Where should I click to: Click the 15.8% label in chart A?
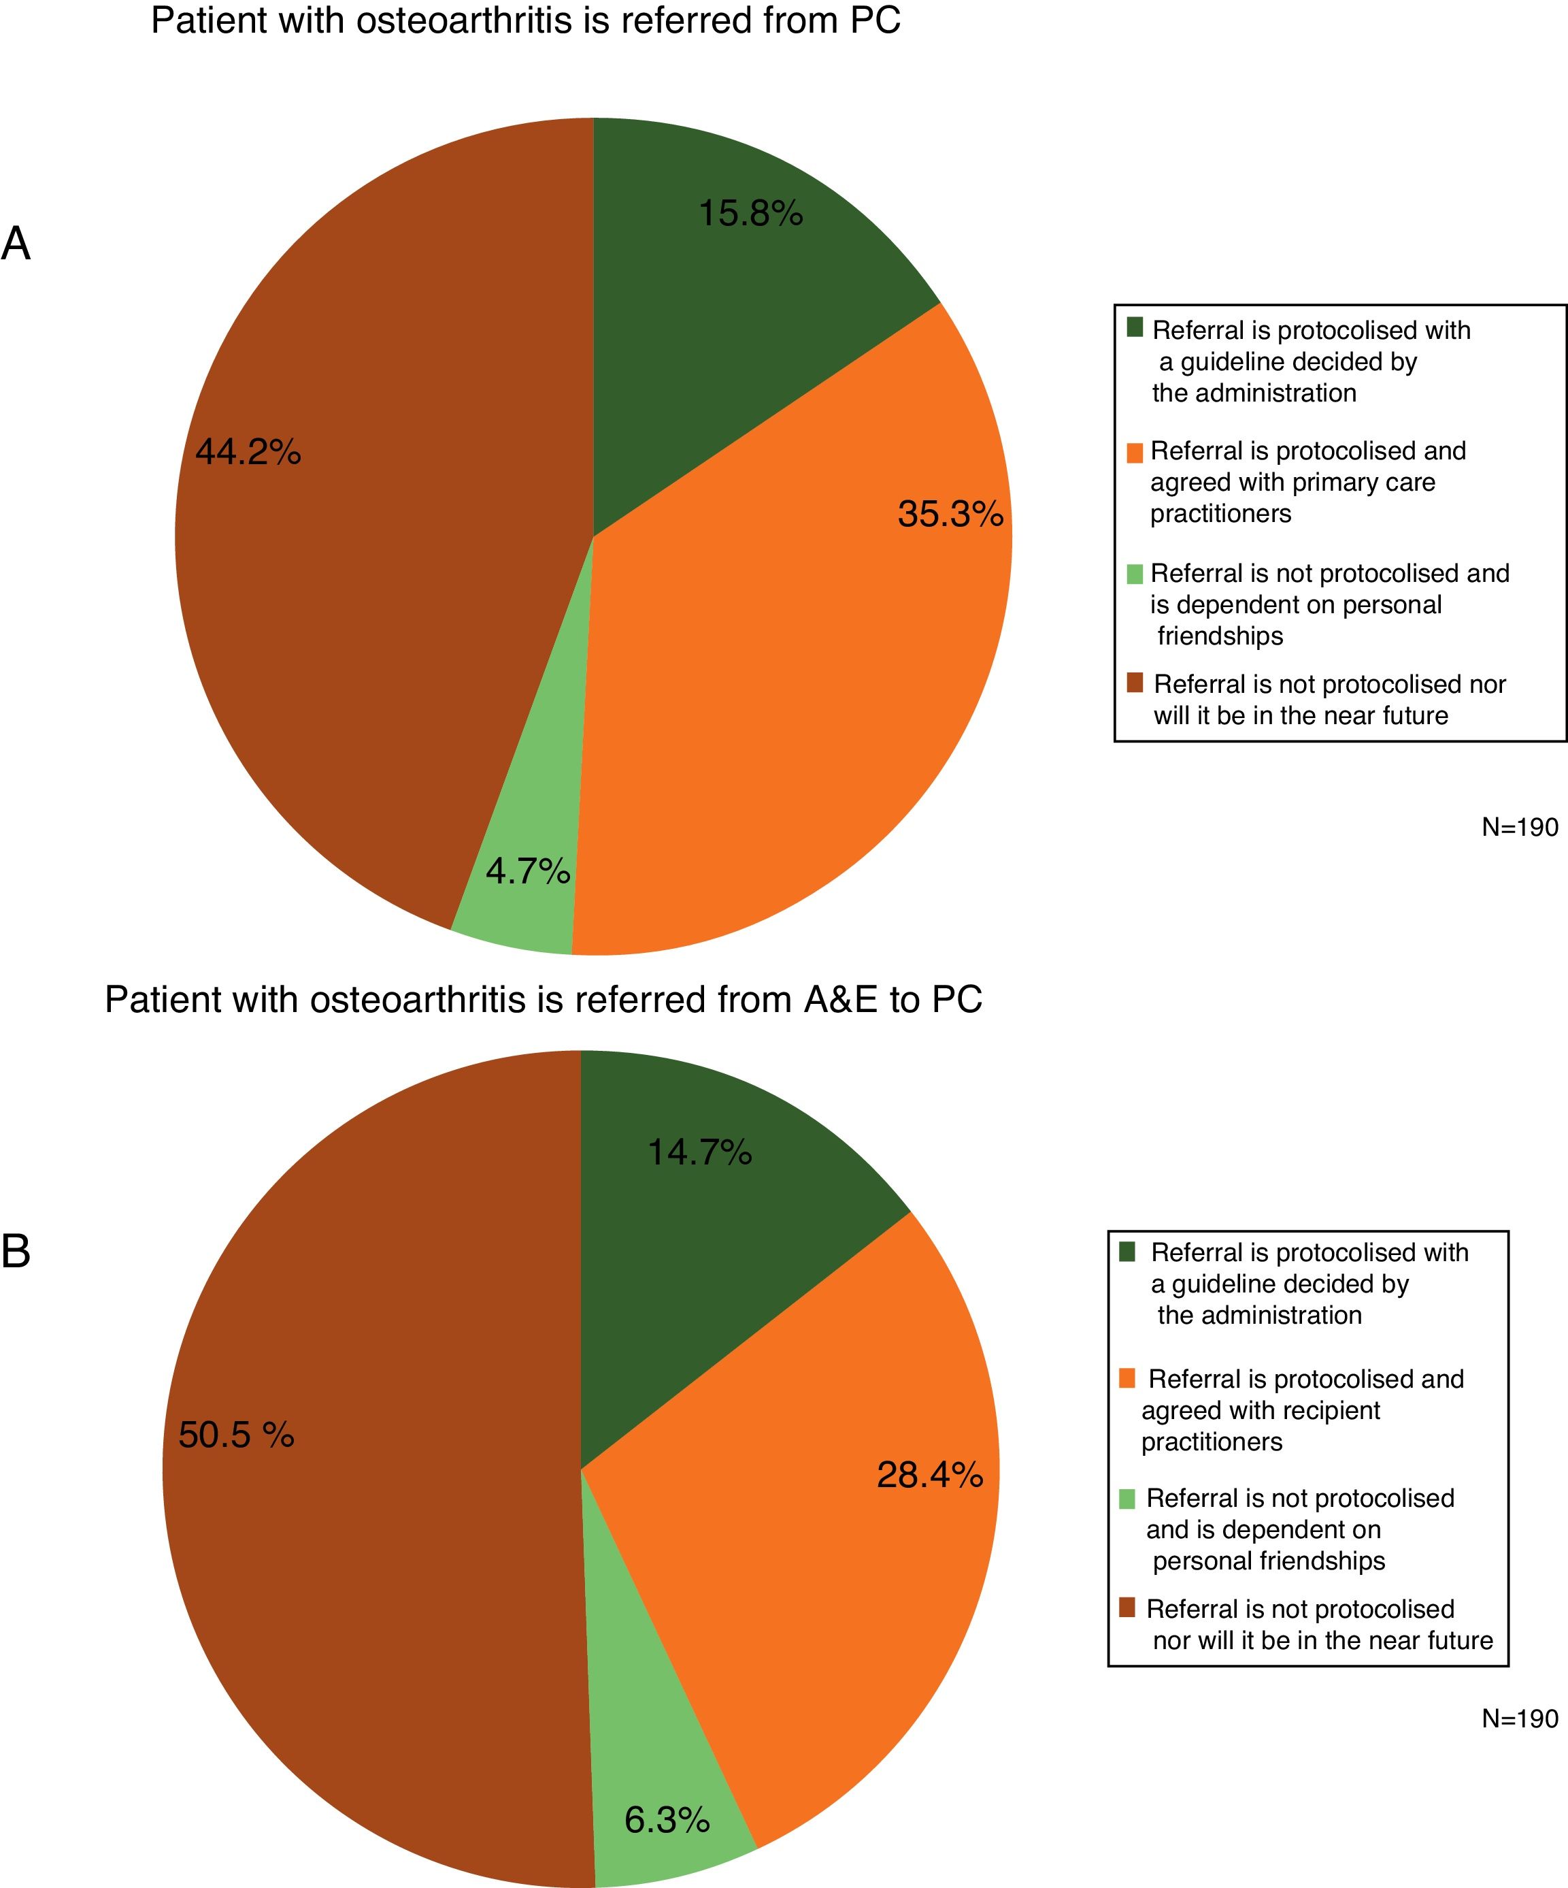point(750,214)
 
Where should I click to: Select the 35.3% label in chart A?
point(950,515)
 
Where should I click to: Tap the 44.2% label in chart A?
point(248,451)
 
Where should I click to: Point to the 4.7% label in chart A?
point(527,871)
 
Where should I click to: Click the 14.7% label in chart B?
point(699,1152)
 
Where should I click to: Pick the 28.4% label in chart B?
point(929,1476)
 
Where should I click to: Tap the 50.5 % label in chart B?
point(236,1435)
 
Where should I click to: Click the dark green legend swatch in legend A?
point(1135,327)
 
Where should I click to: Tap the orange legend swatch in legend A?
point(1135,452)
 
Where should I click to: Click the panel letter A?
point(16,244)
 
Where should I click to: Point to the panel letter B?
point(16,1250)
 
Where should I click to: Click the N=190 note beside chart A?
point(1520,827)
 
